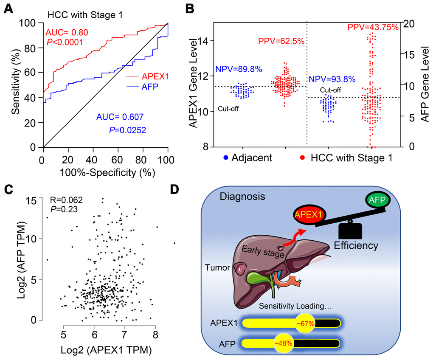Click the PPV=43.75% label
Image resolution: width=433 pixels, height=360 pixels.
tap(373, 28)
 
